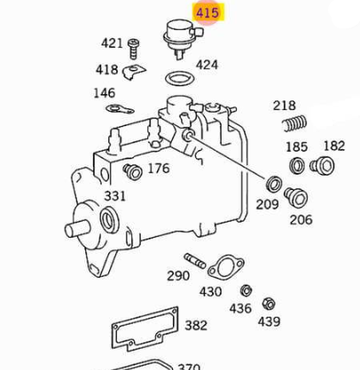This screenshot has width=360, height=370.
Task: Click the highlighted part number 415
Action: point(207,12)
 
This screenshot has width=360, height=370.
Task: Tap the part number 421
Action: point(112,43)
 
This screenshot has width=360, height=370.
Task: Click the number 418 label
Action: point(107,70)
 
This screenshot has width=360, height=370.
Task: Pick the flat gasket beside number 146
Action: point(118,110)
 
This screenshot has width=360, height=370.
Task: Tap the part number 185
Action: point(296,146)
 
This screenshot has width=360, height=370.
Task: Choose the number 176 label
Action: point(158,169)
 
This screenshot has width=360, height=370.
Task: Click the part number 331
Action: point(115,195)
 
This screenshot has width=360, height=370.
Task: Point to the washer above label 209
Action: point(274,185)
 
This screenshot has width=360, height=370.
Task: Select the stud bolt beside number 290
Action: point(195,261)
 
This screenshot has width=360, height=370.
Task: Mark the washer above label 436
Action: point(245,291)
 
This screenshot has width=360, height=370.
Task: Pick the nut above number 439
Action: point(269,303)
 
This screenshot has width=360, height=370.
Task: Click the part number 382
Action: point(196,327)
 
